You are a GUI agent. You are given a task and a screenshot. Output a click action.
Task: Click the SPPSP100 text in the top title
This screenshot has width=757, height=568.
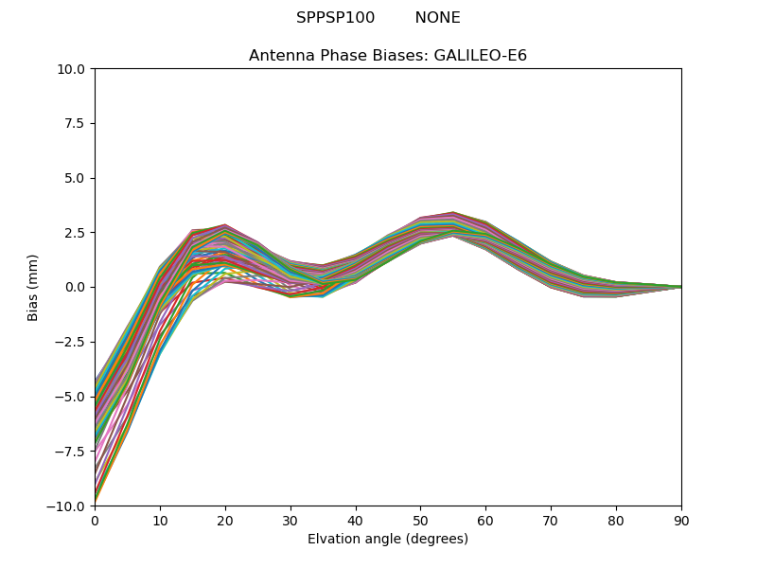pos(335,18)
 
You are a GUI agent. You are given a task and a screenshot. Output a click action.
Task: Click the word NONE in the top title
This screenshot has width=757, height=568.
pos(437,18)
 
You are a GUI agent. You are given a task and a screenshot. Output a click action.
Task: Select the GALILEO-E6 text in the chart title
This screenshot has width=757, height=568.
pos(480,56)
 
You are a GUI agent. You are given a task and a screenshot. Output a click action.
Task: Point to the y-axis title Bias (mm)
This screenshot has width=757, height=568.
pos(33,287)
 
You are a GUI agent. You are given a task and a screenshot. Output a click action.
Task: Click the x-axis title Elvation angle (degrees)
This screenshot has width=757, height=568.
pos(388,540)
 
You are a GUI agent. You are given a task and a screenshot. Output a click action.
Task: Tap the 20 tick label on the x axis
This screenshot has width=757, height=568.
pos(225,520)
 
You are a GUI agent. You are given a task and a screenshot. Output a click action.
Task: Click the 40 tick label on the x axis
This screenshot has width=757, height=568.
pos(356,520)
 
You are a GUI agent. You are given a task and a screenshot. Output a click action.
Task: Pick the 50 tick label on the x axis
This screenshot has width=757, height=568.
pos(420,520)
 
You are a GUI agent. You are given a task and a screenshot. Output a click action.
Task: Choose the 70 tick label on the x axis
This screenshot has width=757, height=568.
pos(551,520)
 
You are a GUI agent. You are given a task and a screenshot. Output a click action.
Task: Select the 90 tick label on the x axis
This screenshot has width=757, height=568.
pos(681,520)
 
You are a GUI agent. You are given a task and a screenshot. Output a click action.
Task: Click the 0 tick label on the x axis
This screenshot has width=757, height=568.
pos(95,520)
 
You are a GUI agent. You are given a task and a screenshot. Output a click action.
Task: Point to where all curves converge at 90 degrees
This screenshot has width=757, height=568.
pos(680,287)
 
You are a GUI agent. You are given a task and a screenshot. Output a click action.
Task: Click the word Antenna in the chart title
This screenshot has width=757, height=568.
pos(277,56)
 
